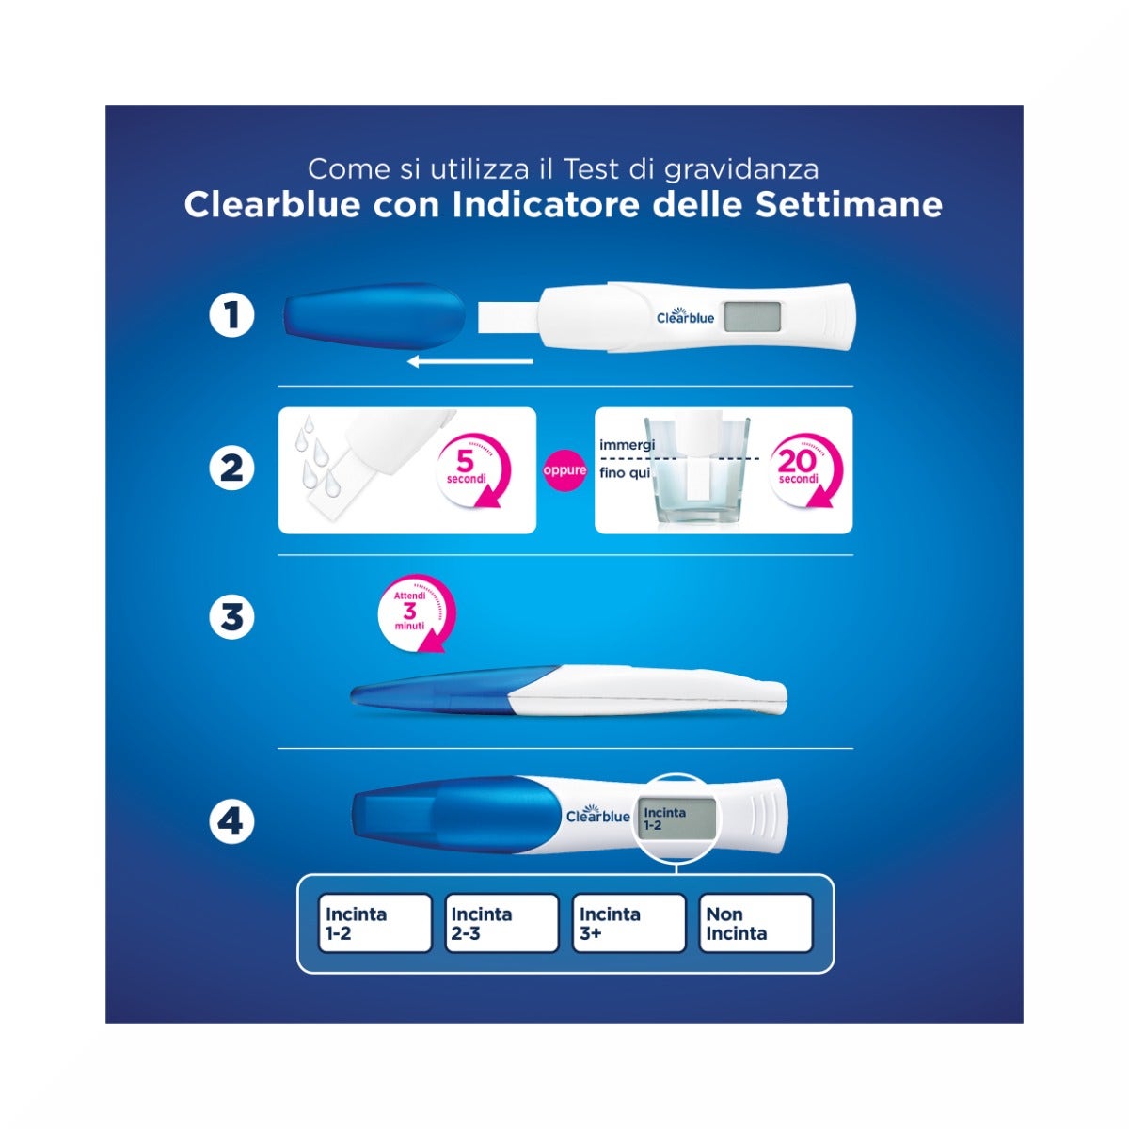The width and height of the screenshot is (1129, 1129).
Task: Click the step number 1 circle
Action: pyautogui.click(x=231, y=315)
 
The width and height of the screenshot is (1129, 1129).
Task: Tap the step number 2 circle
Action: pyautogui.click(x=231, y=469)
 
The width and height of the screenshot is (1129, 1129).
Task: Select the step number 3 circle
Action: pyautogui.click(x=231, y=618)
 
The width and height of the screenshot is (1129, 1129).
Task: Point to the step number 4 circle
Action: pyautogui.click(x=231, y=821)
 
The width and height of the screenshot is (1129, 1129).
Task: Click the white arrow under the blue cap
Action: pyautogui.click(x=470, y=361)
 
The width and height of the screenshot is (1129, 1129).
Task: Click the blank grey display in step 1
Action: pyautogui.click(x=753, y=317)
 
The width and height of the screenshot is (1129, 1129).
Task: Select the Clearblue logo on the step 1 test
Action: pyautogui.click(x=685, y=317)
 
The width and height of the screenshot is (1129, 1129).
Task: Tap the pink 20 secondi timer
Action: pyautogui.click(x=804, y=469)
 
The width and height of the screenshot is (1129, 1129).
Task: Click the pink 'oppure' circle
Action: pyautogui.click(x=564, y=470)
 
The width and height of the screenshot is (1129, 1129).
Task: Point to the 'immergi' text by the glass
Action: pyautogui.click(x=627, y=444)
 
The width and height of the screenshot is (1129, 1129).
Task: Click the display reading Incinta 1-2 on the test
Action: pyautogui.click(x=676, y=819)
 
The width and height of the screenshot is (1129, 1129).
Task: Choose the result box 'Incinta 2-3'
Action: pyautogui.click(x=501, y=924)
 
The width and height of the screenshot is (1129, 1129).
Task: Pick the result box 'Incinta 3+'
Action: pyautogui.click(x=628, y=924)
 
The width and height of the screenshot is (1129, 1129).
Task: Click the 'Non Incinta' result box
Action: pyautogui.click(x=755, y=924)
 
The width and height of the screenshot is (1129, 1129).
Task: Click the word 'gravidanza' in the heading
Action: pyautogui.click(x=740, y=169)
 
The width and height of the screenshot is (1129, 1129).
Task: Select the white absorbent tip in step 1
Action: pyautogui.click(x=508, y=316)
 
